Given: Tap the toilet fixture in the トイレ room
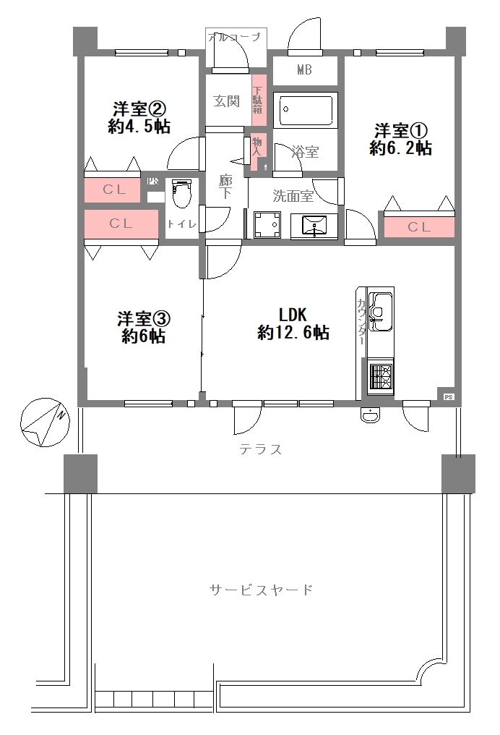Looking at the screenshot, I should click(181, 195).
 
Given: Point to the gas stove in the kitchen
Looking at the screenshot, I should click(380, 376).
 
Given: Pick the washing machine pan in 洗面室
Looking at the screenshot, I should click(266, 224).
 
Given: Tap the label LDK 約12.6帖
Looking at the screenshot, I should click(294, 323).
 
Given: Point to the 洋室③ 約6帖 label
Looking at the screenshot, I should click(143, 327).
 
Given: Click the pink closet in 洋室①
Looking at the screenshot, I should click(419, 227).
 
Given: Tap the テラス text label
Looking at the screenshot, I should click(260, 449).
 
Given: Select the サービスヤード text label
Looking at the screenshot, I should click(262, 590).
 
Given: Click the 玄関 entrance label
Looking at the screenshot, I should click(226, 101).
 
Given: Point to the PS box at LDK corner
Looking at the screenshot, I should click(448, 396).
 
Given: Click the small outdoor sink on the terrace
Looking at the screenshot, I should click(370, 415).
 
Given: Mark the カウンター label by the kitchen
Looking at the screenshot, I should click(361, 319).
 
